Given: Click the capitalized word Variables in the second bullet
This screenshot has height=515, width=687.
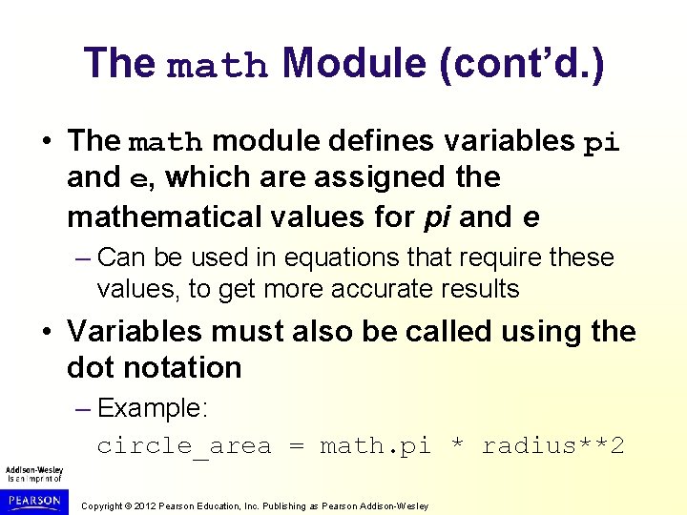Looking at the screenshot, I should point(135,331).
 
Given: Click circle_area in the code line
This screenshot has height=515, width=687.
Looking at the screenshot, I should point(184,446).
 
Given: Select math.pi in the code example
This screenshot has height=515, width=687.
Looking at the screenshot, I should point(375,446).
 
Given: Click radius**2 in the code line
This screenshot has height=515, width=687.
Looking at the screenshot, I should point(553,446).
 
